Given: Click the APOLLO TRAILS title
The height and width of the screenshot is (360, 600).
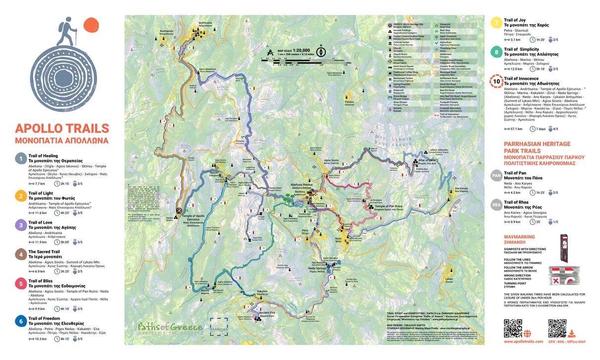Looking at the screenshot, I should (x=62, y=129).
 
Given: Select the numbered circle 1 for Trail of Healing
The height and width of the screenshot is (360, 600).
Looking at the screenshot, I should (x=20, y=158).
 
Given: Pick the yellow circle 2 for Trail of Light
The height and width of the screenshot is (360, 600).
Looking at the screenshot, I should (x=20, y=196).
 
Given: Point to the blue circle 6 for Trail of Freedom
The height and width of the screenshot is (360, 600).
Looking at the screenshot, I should (x=20, y=321).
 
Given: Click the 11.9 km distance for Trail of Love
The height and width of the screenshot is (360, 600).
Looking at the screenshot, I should (x=40, y=242).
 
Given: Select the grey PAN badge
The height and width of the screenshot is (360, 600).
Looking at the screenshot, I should (x=496, y=175).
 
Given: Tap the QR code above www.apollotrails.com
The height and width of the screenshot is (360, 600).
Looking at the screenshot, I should (x=513, y=328).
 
